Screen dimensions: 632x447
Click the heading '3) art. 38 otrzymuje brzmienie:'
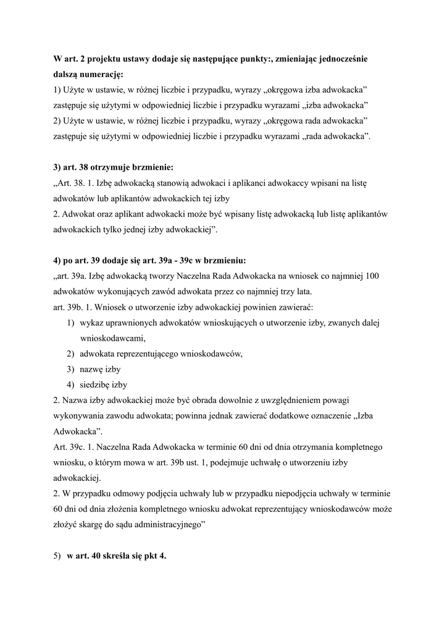click(x=114, y=167)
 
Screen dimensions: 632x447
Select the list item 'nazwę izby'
click(x=100, y=369)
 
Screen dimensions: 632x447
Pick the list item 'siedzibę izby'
click(x=103, y=385)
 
